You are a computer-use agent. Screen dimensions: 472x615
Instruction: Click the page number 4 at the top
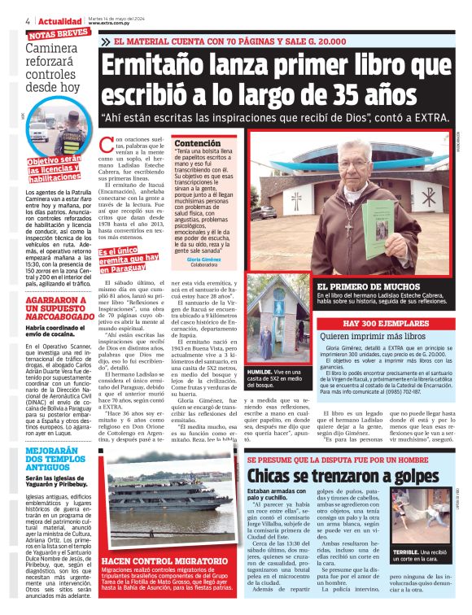(x=28, y=20)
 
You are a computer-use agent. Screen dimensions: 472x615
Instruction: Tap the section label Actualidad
(x=60, y=20)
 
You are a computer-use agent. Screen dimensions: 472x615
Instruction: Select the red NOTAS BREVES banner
(x=59, y=35)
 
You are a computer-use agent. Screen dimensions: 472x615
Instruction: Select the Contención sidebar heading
(x=197, y=143)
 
